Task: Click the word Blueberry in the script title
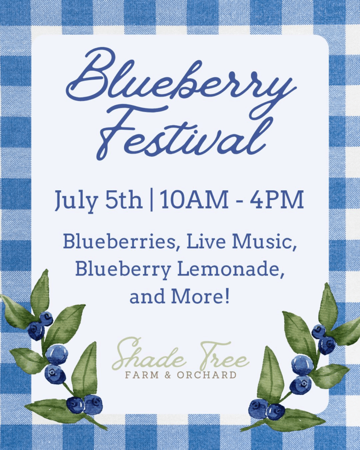[181, 79]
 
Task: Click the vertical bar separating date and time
[151, 200]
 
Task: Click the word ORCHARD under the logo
[207, 375]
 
